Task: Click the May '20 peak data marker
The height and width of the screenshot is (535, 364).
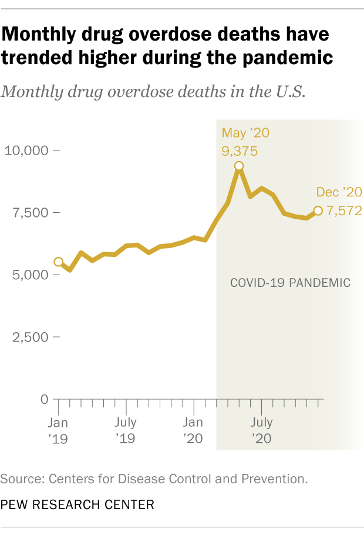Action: pyautogui.click(x=239, y=166)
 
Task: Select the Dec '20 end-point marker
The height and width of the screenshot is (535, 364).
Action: pyautogui.click(x=318, y=210)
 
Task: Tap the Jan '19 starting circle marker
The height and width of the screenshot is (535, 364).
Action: pyautogui.click(x=59, y=262)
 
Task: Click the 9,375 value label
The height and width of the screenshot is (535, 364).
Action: pyautogui.click(x=240, y=152)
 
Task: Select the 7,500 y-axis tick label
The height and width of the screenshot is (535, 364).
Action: pyautogui.click(x=31, y=213)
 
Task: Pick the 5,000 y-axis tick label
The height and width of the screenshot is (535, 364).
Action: pyautogui.click(x=31, y=275)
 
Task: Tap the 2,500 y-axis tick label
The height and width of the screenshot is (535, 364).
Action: pyautogui.click(x=31, y=337)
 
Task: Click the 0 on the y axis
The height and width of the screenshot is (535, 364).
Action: pyautogui.click(x=45, y=400)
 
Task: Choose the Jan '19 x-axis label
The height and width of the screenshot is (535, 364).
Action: pyautogui.click(x=58, y=430)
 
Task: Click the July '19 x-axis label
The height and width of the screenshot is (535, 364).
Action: pyautogui.click(x=126, y=430)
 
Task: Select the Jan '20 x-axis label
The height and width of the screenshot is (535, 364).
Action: pyautogui.click(x=193, y=430)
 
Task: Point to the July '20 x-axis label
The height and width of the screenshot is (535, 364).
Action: pyautogui.click(x=261, y=430)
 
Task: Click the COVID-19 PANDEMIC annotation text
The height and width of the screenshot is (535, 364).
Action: pyautogui.click(x=290, y=283)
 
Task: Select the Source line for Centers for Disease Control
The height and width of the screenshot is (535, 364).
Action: pyautogui.click(x=154, y=479)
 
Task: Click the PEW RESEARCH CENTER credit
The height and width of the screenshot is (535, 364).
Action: pyautogui.click(x=77, y=504)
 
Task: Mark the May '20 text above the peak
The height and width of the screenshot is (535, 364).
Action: pyautogui.click(x=245, y=133)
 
